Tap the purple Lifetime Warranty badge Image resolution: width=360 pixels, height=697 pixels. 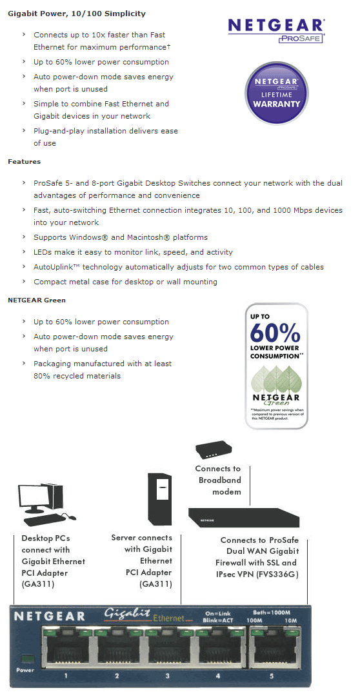(x=277, y=93)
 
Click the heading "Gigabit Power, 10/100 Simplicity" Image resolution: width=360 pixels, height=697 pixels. (x=77, y=14)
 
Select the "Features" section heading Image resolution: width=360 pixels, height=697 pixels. (x=24, y=161)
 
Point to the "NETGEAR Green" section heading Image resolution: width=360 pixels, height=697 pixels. (x=37, y=300)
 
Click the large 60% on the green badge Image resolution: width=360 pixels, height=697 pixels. (x=275, y=333)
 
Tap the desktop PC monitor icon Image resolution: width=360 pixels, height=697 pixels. (x=37, y=495)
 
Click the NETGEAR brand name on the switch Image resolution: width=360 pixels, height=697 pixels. (x=48, y=616)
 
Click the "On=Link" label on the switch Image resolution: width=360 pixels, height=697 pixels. (x=218, y=613)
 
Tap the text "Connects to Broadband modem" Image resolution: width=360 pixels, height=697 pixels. (x=219, y=480)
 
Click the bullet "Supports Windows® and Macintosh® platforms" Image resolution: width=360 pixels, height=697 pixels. (x=121, y=237)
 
